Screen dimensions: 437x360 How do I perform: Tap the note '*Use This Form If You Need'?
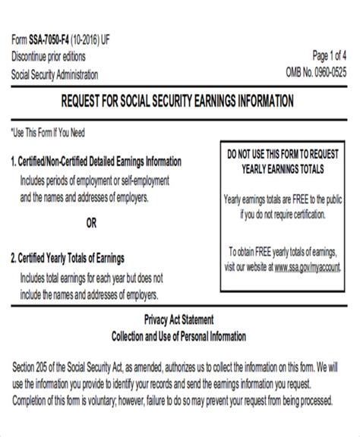point(49,133)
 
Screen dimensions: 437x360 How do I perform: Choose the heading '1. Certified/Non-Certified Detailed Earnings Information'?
point(96,162)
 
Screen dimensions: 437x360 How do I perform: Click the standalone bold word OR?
point(91,223)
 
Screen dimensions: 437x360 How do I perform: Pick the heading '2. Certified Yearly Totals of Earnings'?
point(67,257)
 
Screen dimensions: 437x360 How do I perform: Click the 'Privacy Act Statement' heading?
point(180,318)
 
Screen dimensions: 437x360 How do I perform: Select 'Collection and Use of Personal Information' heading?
point(180,334)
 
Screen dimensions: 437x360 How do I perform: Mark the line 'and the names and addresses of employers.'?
point(84,196)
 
